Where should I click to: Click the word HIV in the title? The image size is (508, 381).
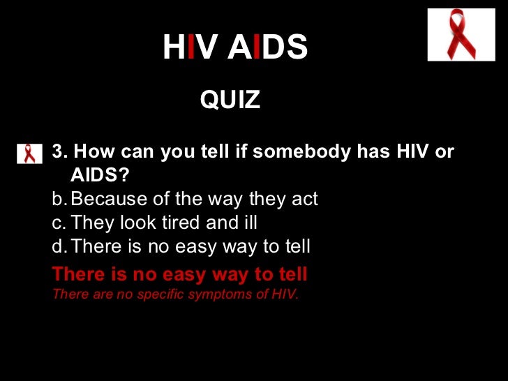pyautogui.click(x=189, y=47)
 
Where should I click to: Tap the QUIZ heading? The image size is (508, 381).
pyautogui.click(x=230, y=100)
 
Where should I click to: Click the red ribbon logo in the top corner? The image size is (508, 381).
pyautogui.click(x=461, y=34)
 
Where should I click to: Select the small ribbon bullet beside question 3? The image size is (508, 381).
pyautogui.click(x=29, y=153)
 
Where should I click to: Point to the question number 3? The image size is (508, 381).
pyautogui.click(x=59, y=152)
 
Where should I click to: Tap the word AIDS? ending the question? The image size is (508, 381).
pyautogui.click(x=100, y=174)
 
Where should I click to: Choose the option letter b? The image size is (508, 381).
pyautogui.click(x=59, y=200)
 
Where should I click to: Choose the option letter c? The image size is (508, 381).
pyautogui.click(x=59, y=223)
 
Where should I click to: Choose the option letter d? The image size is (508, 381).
pyautogui.click(x=59, y=246)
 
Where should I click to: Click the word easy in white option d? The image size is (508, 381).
pyautogui.click(x=181, y=246)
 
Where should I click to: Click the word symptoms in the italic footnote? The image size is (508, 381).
pyautogui.click(x=214, y=294)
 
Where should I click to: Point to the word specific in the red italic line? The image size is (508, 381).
pyautogui.click(x=163, y=294)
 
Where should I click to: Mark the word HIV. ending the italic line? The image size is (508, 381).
pyautogui.click(x=285, y=294)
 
